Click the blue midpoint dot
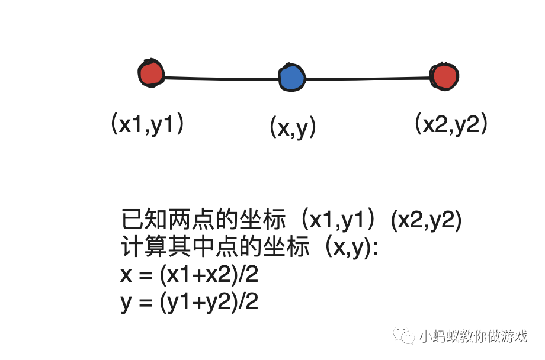click(291, 78)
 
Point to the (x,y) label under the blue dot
click(293, 127)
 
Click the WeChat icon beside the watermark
click(407, 336)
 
